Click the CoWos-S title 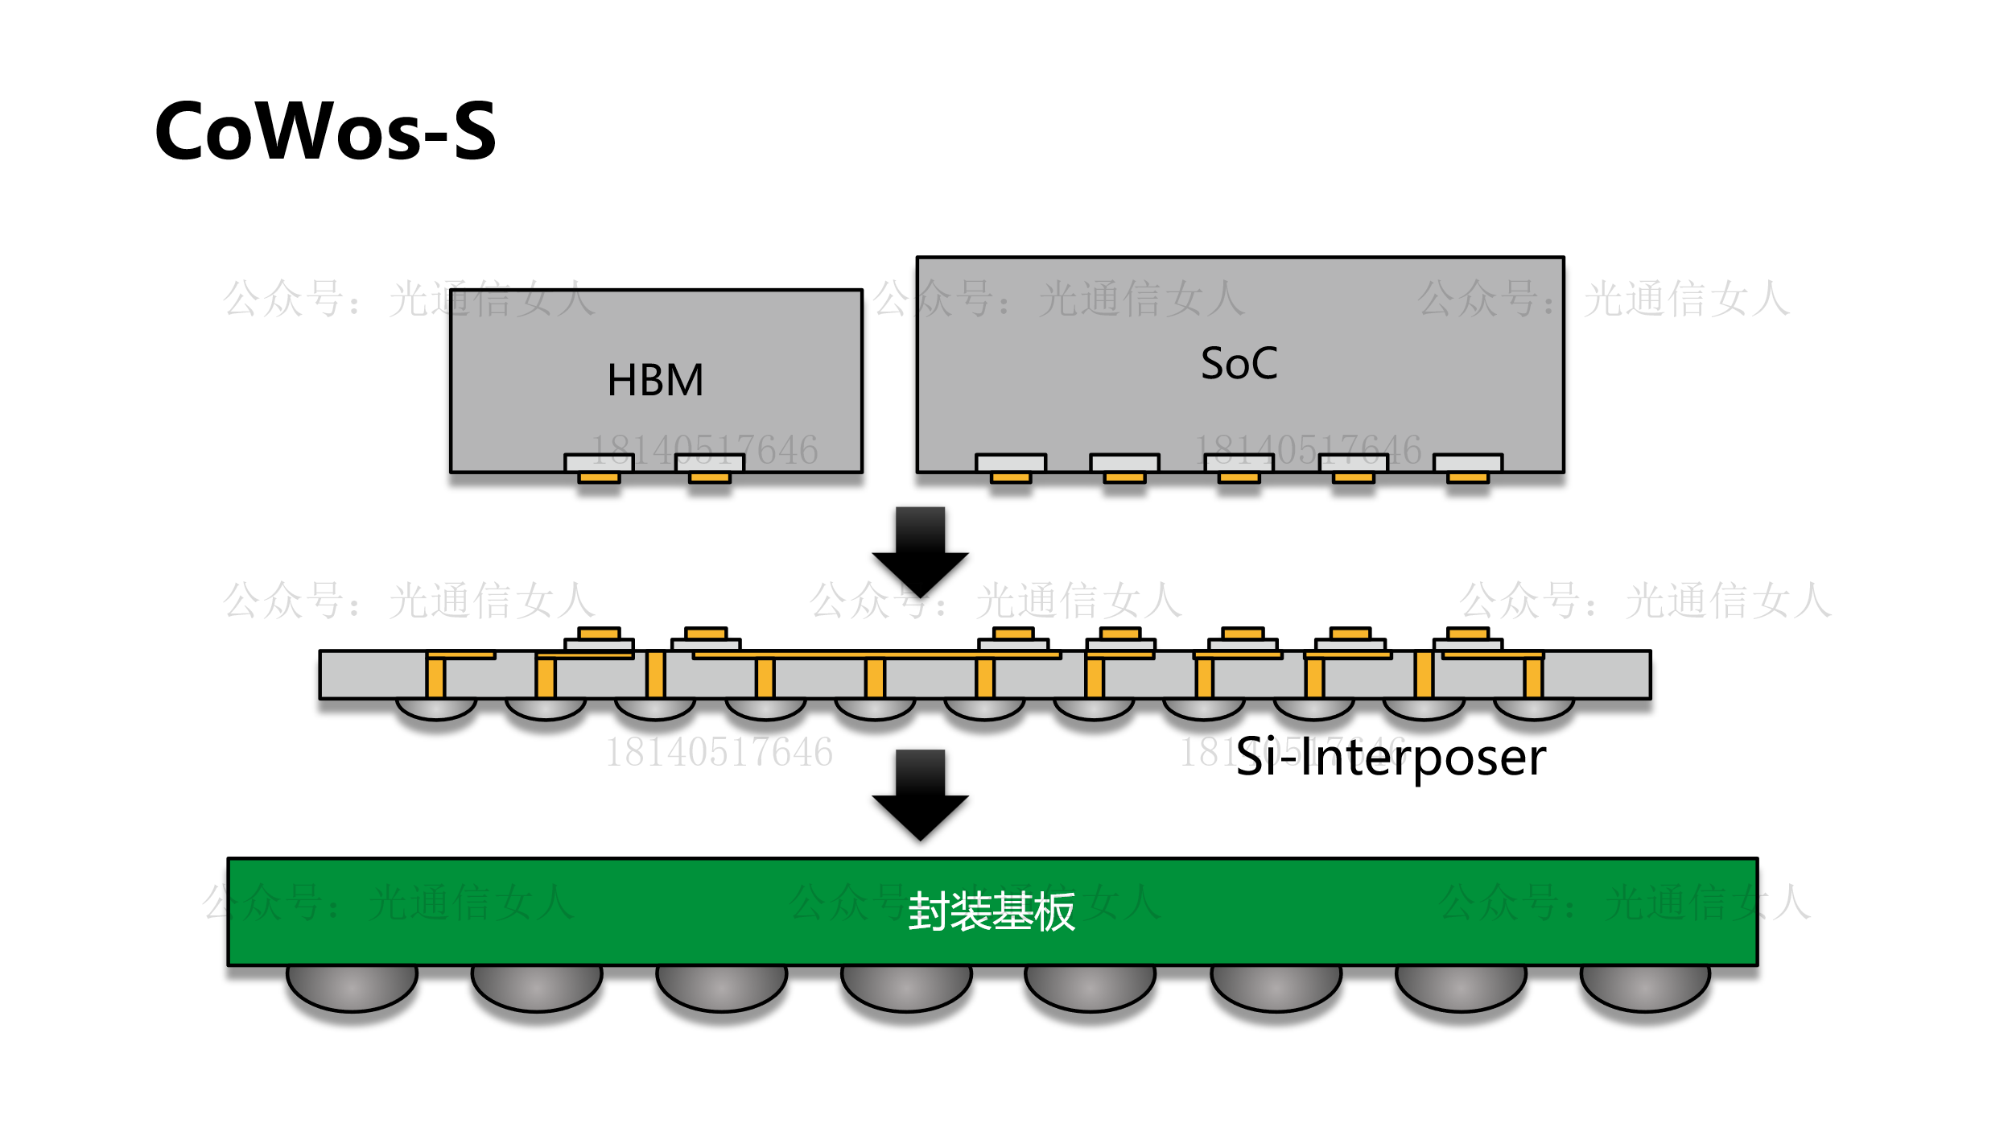(325, 130)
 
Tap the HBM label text (655, 380)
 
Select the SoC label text (1239, 363)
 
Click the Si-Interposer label (1390, 758)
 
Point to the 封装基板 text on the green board (991, 911)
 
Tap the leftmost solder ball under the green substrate (352, 987)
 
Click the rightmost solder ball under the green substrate (1645, 987)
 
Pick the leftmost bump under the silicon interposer (436, 709)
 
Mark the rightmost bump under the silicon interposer (1533, 709)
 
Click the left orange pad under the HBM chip (599, 477)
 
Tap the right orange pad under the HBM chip (709, 477)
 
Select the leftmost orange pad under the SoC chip (1011, 477)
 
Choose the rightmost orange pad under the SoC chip (1467, 477)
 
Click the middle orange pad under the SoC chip (1239, 477)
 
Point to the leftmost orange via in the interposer (435, 677)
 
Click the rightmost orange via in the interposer (1533, 677)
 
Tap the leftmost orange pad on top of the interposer (599, 634)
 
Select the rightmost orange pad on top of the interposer (1467, 634)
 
